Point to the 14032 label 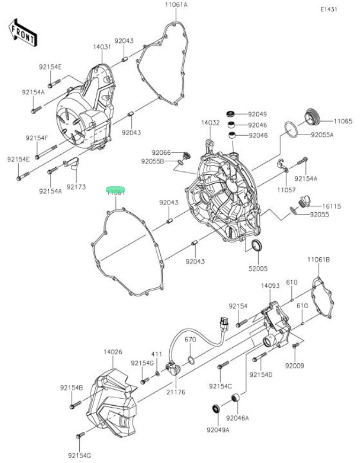[211, 123]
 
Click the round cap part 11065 [312, 116]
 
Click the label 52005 [258, 268]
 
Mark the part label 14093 [271, 286]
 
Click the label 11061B [318, 260]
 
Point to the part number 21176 [175, 392]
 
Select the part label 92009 [295, 365]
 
